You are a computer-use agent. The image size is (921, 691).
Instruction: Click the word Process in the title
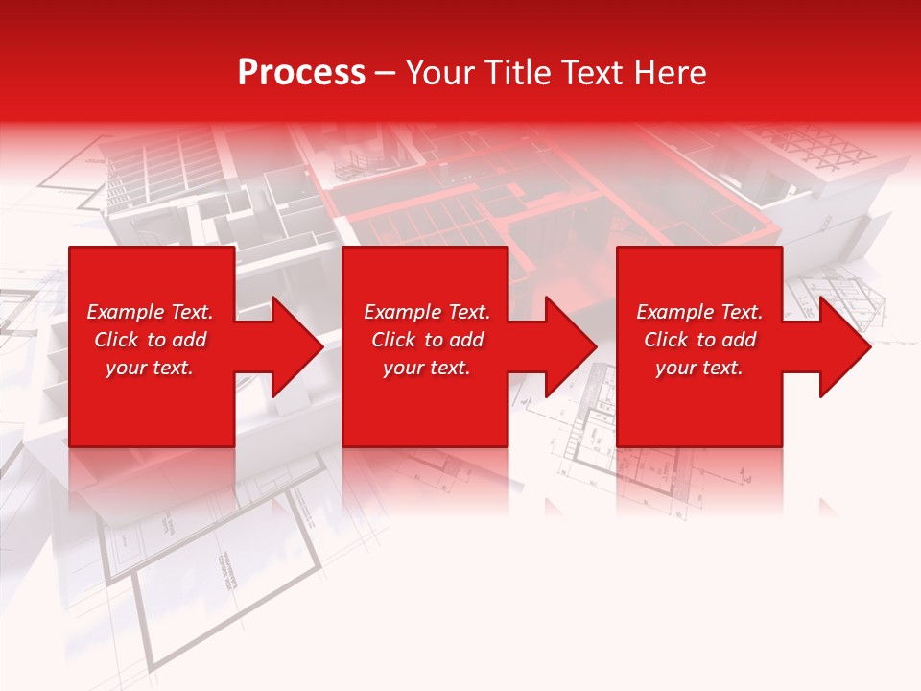tap(301, 73)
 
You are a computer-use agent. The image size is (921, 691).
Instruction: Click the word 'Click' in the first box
tap(116, 340)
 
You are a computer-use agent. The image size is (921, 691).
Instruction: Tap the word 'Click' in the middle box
tap(393, 340)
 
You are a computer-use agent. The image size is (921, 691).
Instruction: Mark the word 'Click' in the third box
tap(666, 340)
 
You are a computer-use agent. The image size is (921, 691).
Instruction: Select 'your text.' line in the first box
tap(150, 368)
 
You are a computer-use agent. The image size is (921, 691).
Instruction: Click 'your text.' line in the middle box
tap(427, 368)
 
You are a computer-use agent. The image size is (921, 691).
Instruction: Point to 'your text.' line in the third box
tap(699, 368)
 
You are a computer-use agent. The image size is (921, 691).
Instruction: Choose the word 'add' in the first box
tap(189, 340)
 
